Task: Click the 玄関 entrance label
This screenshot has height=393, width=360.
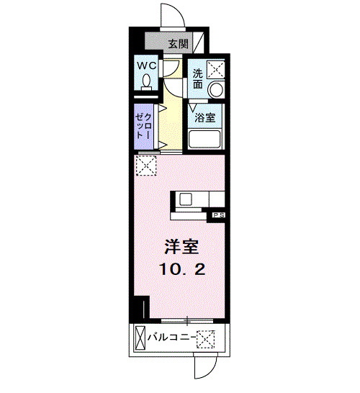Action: pyautogui.click(x=179, y=44)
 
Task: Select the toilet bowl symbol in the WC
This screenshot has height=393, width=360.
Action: pyautogui.click(x=146, y=83)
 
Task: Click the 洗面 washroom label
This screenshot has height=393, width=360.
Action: pyautogui.click(x=197, y=78)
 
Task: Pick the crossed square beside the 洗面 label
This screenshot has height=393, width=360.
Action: pyautogui.click(x=215, y=70)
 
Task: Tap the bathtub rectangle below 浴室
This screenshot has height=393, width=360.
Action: pyautogui.click(x=204, y=139)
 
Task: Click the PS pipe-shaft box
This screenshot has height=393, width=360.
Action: pyautogui.click(x=217, y=214)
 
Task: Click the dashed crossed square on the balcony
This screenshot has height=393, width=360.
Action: pyautogui.click(x=207, y=337)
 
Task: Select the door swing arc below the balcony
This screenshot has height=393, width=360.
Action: pyautogui.click(x=204, y=369)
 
